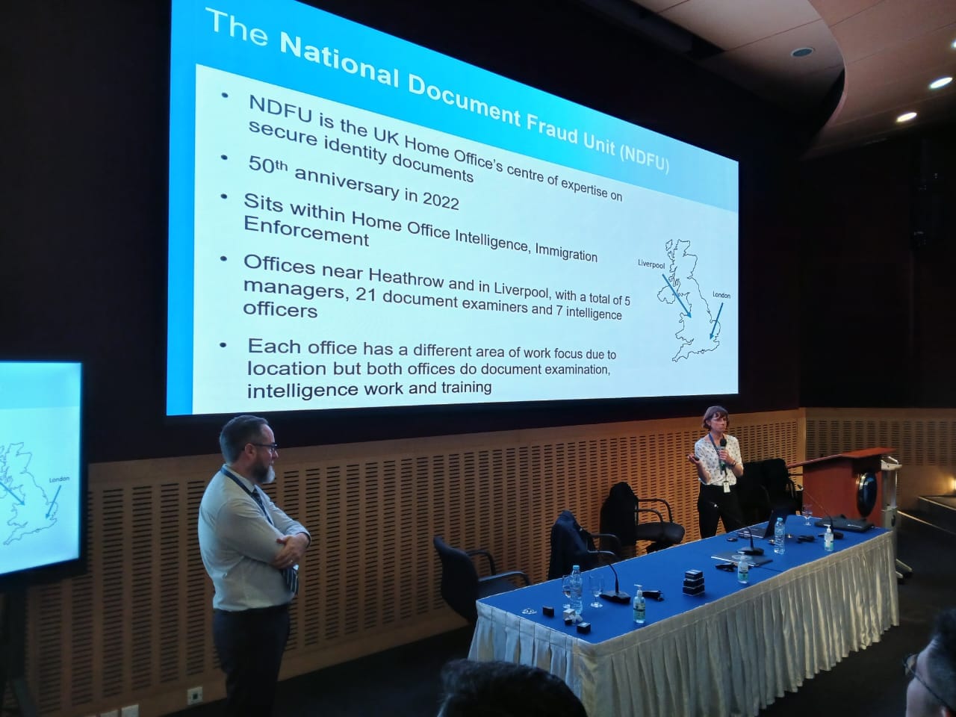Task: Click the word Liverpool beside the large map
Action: coord(651,264)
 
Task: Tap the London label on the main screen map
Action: coord(721,295)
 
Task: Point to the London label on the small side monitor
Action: coord(59,479)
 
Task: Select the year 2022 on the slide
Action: coord(441,200)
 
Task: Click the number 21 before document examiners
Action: coord(366,295)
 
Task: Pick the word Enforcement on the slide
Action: coord(306,231)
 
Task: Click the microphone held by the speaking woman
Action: coord(722,450)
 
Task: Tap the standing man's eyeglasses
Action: coord(264,447)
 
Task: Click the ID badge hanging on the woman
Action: coord(727,486)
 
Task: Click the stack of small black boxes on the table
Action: coord(693,583)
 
